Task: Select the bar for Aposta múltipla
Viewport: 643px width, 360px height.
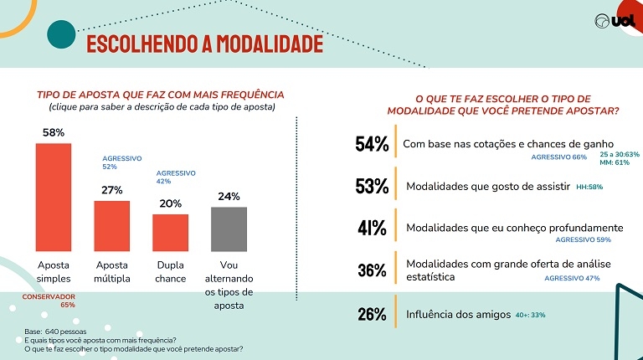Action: pyautogui.click(x=111, y=226)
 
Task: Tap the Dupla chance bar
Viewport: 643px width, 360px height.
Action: pyautogui.click(x=170, y=233)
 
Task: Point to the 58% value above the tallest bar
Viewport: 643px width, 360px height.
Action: pyautogui.click(x=53, y=132)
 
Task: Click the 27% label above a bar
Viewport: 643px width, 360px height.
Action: pyautogui.click(x=112, y=190)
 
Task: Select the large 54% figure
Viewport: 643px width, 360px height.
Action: pyautogui.click(x=372, y=145)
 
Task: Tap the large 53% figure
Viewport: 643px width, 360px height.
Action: pyautogui.click(x=372, y=187)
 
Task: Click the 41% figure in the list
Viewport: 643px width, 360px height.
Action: pyautogui.click(x=372, y=228)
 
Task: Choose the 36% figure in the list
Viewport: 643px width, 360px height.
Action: pyautogui.click(x=372, y=270)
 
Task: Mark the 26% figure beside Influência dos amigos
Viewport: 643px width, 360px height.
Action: pyautogui.click(x=372, y=315)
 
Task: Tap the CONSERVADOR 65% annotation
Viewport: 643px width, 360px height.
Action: pyautogui.click(x=49, y=301)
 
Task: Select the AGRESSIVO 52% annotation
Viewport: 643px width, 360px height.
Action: pyautogui.click(x=121, y=162)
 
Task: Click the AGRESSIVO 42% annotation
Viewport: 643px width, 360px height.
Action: pyautogui.click(x=176, y=177)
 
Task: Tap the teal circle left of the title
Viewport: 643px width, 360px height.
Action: pyautogui.click(x=61, y=35)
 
